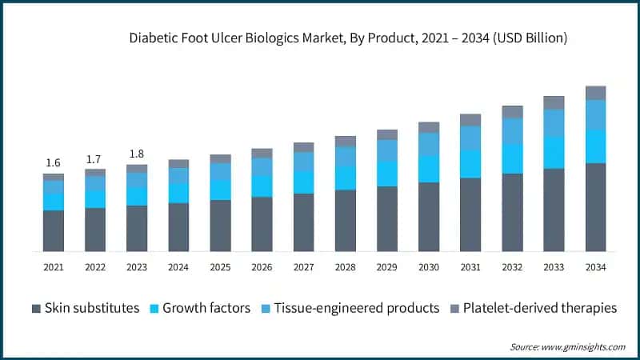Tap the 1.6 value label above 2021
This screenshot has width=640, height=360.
point(53,162)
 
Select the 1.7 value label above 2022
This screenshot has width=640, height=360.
point(94,159)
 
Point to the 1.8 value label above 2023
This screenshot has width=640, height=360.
point(136,154)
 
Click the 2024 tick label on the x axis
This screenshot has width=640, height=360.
point(178,267)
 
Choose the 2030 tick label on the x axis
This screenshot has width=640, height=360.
point(428,267)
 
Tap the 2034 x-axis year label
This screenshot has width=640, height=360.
point(595,267)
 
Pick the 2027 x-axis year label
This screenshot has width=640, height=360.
point(303,267)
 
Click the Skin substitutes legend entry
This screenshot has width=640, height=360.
point(86,308)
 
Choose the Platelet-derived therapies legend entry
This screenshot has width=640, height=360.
point(534,308)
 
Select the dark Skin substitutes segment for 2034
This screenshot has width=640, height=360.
point(595,208)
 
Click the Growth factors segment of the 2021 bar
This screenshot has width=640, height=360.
point(53,202)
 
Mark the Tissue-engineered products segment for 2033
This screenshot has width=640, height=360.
point(554,122)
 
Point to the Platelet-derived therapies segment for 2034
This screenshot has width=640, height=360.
point(595,93)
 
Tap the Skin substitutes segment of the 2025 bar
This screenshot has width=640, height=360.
point(220,226)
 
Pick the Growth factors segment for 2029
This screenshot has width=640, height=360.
point(386,174)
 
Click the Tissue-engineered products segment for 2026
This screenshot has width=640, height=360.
point(262,166)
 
